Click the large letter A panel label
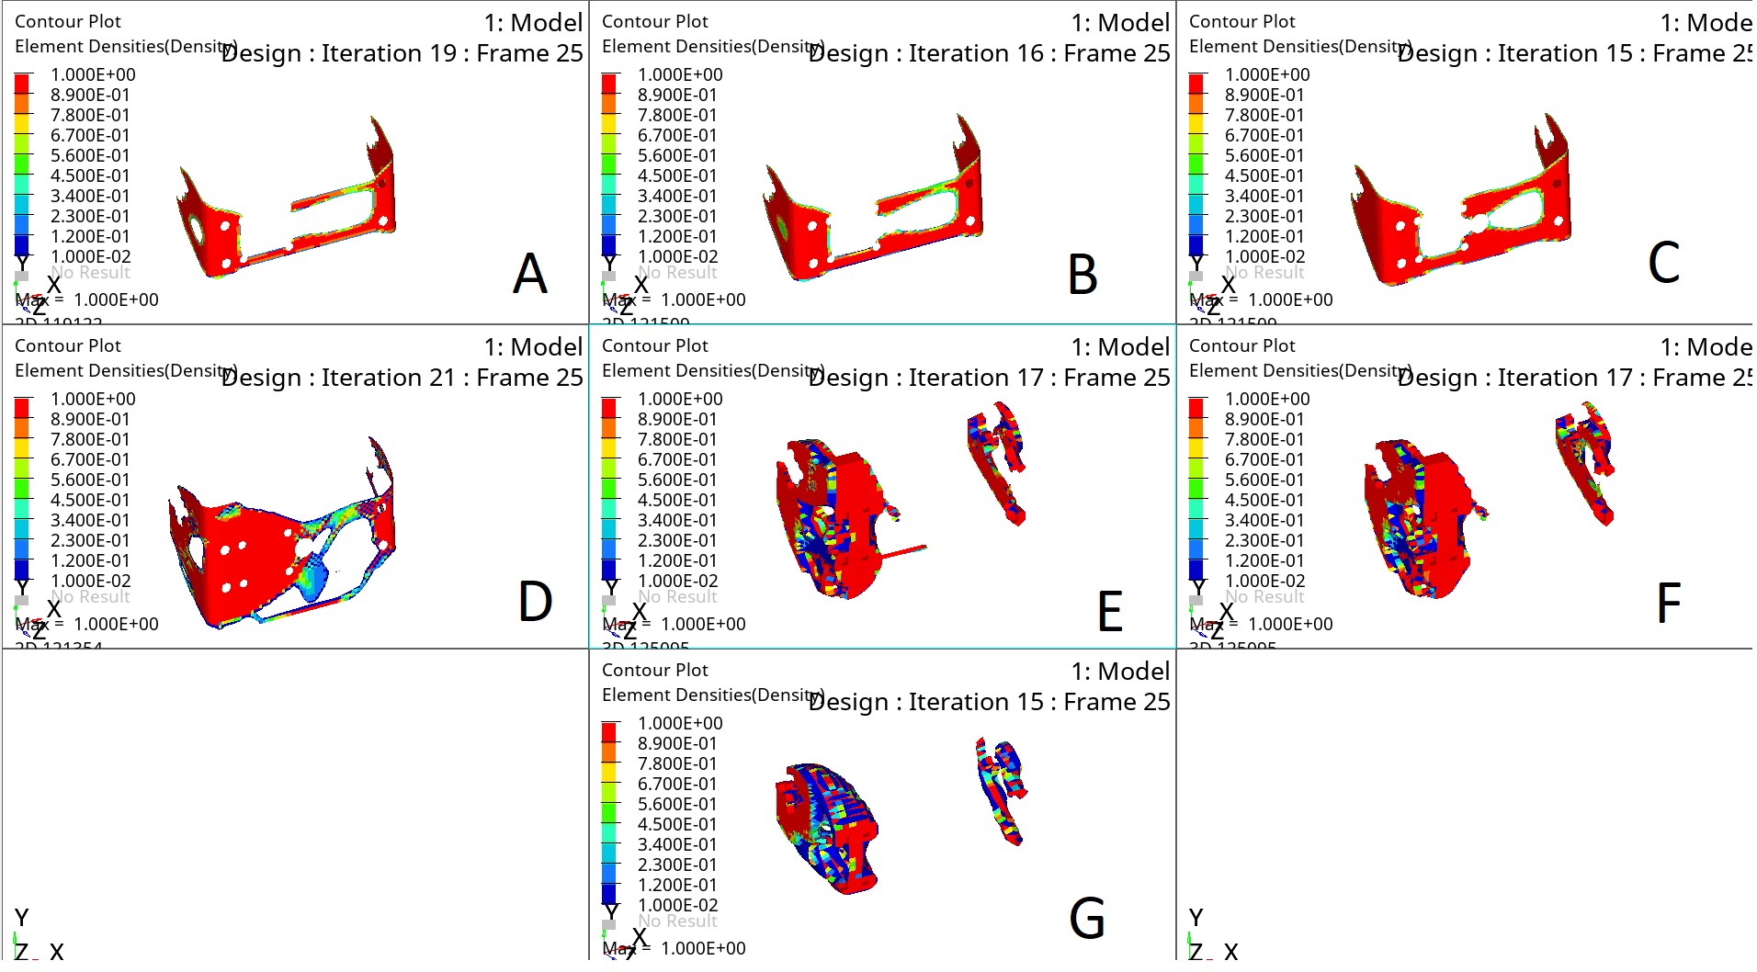click(x=530, y=274)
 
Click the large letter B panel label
click(x=1083, y=275)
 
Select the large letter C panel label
click(x=1663, y=263)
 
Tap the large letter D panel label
click(x=535, y=602)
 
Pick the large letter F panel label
click(x=1668, y=603)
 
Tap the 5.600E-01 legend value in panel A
click(x=90, y=155)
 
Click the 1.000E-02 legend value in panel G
click(x=677, y=905)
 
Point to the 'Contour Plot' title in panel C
click(x=1241, y=21)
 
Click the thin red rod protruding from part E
click(x=904, y=551)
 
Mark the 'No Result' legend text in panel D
click(x=90, y=597)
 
